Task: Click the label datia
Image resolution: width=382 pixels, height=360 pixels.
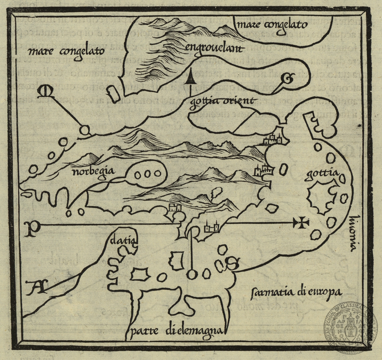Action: pos(123,241)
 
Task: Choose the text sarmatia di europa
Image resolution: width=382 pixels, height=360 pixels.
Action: pos(296,292)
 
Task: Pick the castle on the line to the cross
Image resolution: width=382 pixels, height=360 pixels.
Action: pos(211,227)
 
